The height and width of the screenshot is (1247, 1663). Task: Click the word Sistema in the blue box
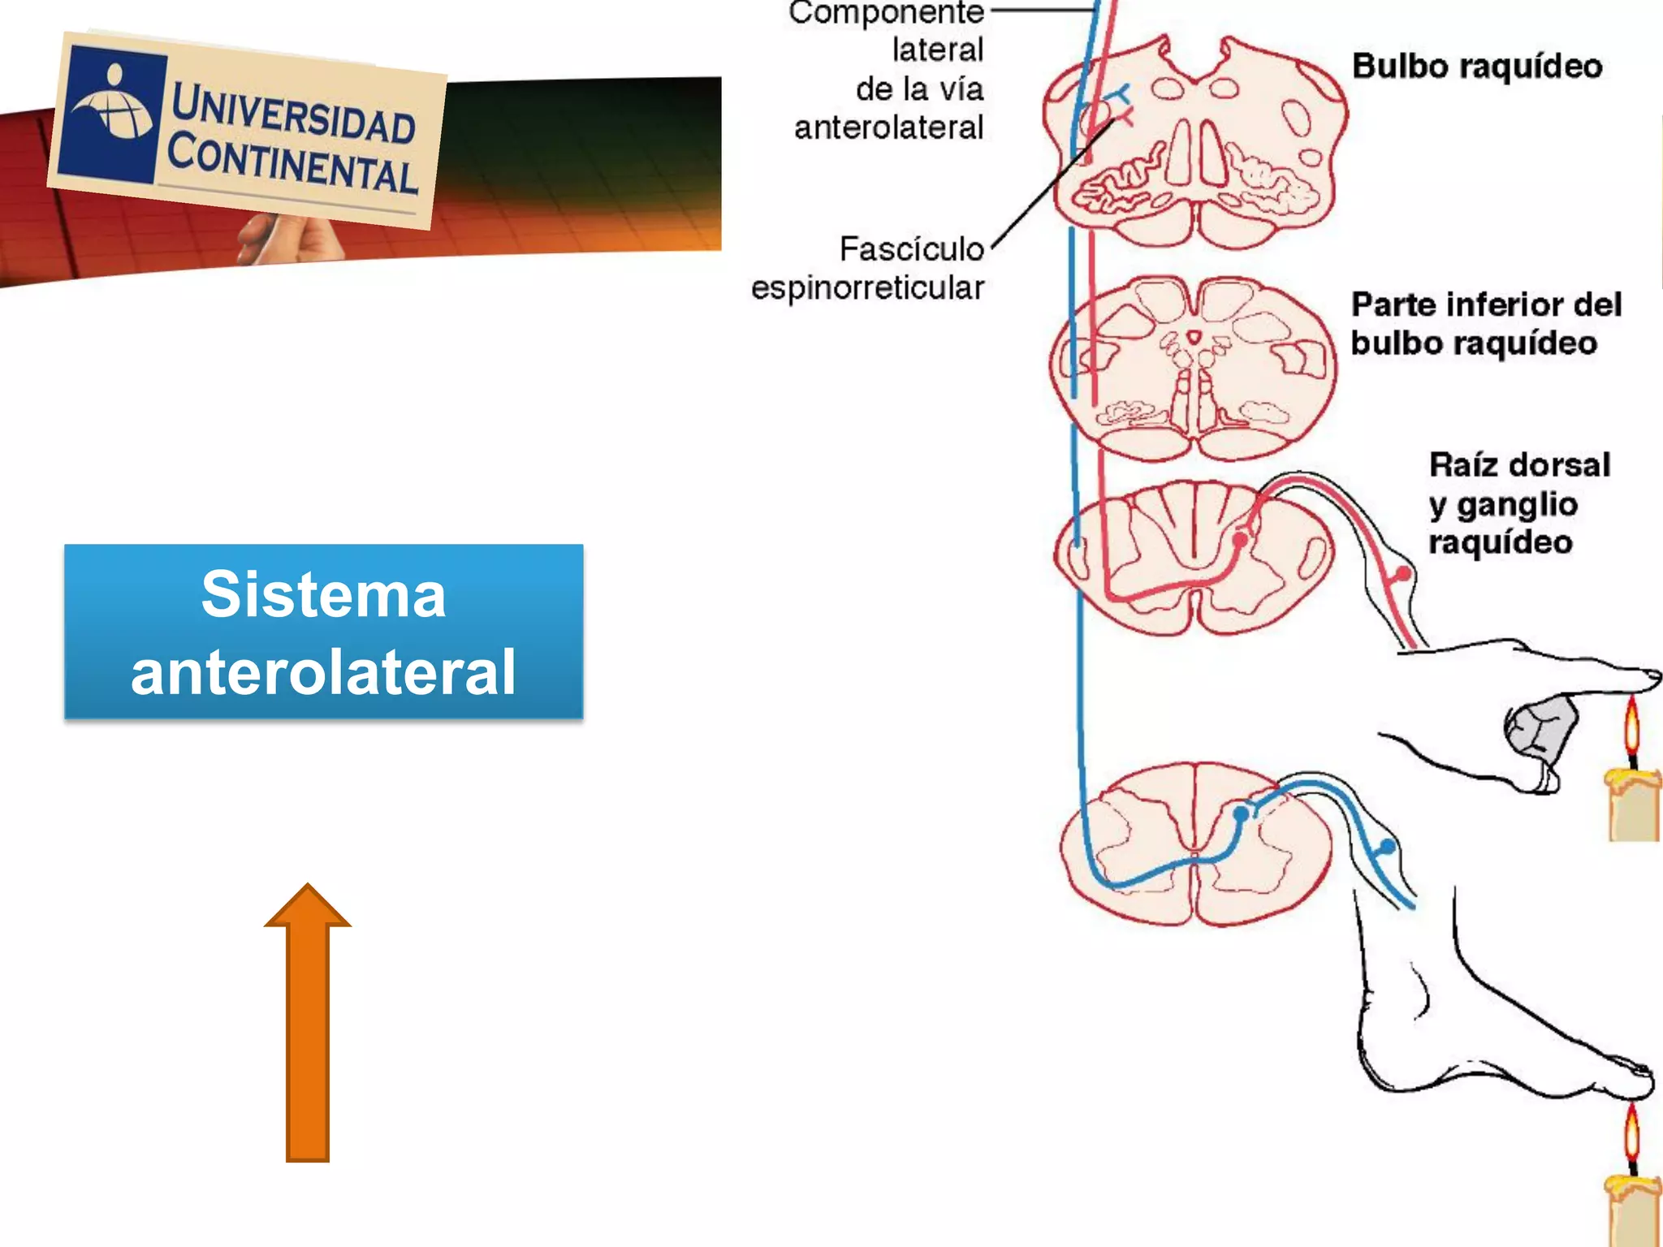[323, 594]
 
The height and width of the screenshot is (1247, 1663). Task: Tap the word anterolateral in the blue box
[323, 672]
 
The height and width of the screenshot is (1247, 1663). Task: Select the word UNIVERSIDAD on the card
[293, 114]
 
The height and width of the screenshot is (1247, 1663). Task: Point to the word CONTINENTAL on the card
[292, 165]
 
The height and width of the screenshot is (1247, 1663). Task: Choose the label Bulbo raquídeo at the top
[1477, 67]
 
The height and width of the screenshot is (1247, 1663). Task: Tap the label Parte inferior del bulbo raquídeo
[1485, 324]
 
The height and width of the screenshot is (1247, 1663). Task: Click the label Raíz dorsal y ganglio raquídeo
[1518, 503]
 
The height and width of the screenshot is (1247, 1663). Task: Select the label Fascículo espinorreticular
[869, 269]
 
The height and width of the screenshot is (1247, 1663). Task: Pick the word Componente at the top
[886, 13]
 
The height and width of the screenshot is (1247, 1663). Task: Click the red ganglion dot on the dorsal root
[1403, 574]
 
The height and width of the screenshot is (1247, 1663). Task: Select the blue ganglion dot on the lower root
[1388, 847]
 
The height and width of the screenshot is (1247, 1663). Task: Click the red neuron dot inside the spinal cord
[1240, 539]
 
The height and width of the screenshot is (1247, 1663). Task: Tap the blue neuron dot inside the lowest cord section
[1241, 813]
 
